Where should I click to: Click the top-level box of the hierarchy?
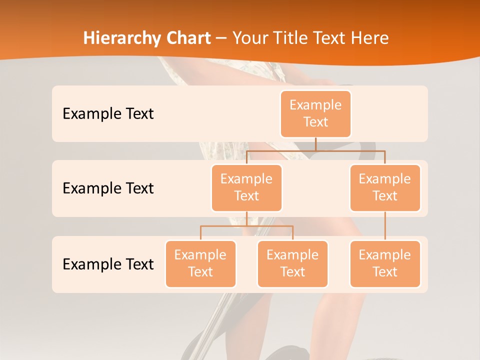(315, 113)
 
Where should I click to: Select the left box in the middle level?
(246, 187)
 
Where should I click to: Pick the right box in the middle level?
(385, 187)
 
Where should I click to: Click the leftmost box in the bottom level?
(200, 263)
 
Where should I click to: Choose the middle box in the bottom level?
(292, 263)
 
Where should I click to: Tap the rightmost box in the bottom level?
(385, 263)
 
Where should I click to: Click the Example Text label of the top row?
(108, 114)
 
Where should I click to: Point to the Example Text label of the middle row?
(108, 188)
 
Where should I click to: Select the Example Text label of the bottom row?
(108, 264)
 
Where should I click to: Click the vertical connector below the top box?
(315, 144)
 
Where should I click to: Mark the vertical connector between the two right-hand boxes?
(385, 226)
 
